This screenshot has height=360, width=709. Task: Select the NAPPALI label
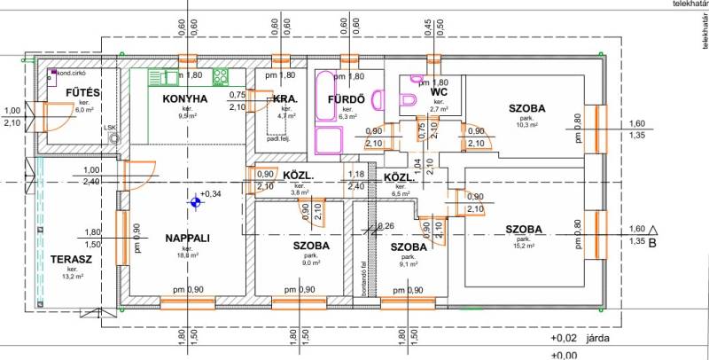[186, 238]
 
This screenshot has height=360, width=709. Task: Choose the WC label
[439, 91]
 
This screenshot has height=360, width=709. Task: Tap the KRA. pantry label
[285, 98]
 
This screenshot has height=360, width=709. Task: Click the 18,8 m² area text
[187, 254]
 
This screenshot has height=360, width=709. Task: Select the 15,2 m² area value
[525, 247]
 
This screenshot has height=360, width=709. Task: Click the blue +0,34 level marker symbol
[192, 201]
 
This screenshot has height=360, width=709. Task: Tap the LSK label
[110, 128]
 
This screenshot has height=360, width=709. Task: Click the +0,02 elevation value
[565, 338]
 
